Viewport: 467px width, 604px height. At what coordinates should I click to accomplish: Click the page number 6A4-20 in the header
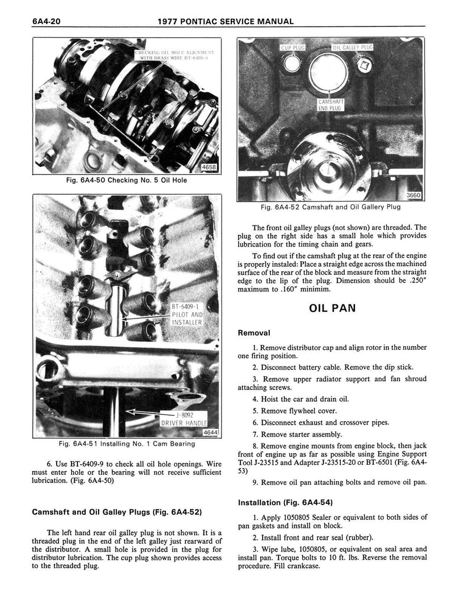48,22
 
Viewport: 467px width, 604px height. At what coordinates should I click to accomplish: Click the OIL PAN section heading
331,308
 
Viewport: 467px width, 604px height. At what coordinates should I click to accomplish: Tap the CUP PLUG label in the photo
292,47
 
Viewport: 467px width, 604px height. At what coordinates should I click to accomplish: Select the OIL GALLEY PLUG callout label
353,47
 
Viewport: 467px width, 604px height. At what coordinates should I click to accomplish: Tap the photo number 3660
414,196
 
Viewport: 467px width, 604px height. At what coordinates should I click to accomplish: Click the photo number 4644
210,432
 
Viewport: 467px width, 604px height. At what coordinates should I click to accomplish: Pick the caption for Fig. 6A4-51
127,444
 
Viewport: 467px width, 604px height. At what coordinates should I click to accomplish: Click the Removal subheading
254,333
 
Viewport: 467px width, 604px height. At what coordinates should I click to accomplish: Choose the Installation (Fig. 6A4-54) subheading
285,503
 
